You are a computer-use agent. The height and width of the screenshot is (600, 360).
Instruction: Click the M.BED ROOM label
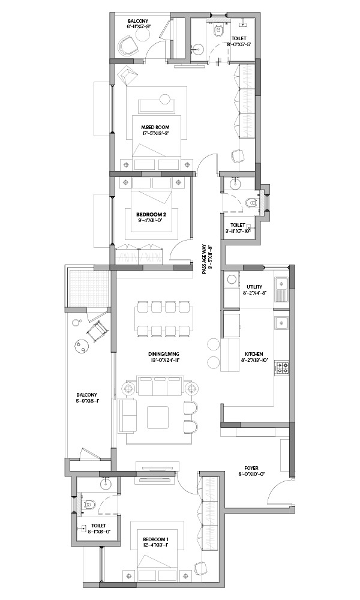click(x=155, y=127)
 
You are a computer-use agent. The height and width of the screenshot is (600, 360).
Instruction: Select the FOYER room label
click(x=251, y=468)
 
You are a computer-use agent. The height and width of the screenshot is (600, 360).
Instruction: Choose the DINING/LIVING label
click(x=164, y=355)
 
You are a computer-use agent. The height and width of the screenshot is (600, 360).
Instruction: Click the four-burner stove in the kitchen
click(x=283, y=368)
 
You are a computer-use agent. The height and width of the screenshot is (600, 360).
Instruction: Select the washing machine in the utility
click(x=232, y=279)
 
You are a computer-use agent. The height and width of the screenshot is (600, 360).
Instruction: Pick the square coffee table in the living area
click(x=158, y=418)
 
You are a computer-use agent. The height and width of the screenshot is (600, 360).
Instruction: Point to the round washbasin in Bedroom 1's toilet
click(x=106, y=484)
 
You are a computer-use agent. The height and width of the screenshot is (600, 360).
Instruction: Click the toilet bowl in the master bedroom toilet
click(x=218, y=30)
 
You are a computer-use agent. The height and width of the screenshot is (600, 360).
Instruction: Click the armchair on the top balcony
click(x=129, y=47)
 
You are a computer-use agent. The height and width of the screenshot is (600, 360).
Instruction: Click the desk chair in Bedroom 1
click(x=199, y=566)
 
